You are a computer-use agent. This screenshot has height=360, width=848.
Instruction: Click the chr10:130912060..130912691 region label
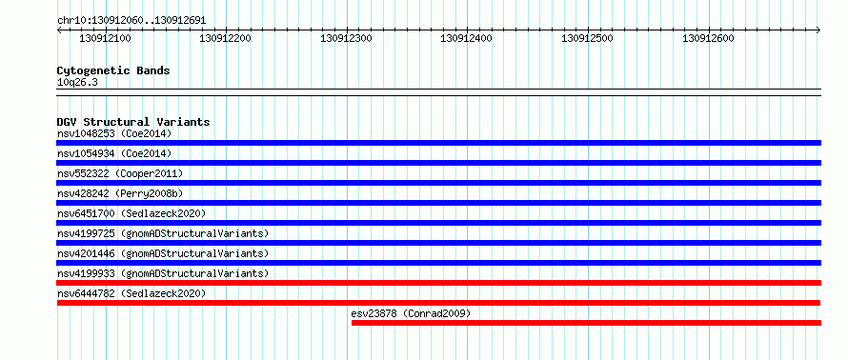pyautogui.click(x=131, y=21)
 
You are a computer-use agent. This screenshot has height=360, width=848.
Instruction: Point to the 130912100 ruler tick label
pyautogui.click(x=105, y=38)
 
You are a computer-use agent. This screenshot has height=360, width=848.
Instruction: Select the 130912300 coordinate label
pyautogui.click(x=346, y=38)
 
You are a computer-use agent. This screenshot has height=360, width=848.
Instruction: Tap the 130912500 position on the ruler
pyautogui.click(x=587, y=38)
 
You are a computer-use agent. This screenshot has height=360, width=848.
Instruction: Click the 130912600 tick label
pyautogui.click(x=708, y=38)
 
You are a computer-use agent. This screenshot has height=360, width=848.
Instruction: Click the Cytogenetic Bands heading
pyautogui.click(x=113, y=70)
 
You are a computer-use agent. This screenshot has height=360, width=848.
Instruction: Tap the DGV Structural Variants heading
pyautogui.click(x=133, y=122)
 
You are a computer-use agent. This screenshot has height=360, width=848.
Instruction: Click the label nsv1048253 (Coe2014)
pyautogui.click(x=114, y=133)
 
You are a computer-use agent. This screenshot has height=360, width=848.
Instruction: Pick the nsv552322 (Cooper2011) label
pyautogui.click(x=120, y=173)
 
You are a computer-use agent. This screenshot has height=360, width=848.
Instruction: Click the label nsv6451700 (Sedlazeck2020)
pyautogui.click(x=131, y=213)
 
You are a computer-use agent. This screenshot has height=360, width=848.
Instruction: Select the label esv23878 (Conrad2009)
pyautogui.click(x=411, y=313)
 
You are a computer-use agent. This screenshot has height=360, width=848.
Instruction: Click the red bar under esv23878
pyautogui.click(x=586, y=323)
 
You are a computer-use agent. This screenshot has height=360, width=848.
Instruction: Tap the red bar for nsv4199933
pyautogui.click(x=438, y=283)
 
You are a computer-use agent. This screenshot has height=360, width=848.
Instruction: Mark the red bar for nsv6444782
pyautogui.click(x=438, y=303)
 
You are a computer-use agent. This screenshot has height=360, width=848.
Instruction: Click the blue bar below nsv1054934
pyautogui.click(x=438, y=163)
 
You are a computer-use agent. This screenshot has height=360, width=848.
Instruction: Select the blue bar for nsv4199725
pyautogui.click(x=438, y=243)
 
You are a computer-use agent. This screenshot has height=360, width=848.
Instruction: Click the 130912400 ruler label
pyautogui.click(x=467, y=38)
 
